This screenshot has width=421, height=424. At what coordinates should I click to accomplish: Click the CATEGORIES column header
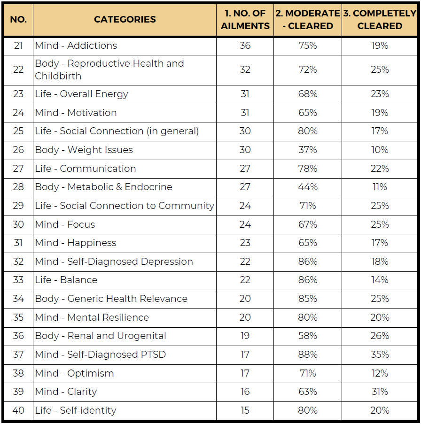click(125, 20)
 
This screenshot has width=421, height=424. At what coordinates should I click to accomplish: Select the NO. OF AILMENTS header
click(245, 20)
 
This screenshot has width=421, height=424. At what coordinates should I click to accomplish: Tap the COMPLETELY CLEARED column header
click(380, 20)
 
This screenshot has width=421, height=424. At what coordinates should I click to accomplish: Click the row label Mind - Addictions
click(76, 46)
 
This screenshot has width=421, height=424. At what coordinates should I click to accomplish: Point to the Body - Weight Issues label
click(84, 150)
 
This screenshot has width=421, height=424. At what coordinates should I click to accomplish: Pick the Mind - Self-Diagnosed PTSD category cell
click(101, 355)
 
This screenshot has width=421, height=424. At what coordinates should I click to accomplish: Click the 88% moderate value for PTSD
click(308, 355)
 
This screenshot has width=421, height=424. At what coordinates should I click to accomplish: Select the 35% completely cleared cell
click(380, 355)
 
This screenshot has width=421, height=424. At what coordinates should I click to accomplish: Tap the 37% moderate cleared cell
click(308, 150)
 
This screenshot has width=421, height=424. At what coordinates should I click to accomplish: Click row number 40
click(18, 410)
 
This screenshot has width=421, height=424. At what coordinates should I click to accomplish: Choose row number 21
click(18, 46)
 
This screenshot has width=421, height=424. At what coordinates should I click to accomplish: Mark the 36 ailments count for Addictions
click(245, 46)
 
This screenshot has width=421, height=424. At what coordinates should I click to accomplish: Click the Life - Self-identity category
click(76, 410)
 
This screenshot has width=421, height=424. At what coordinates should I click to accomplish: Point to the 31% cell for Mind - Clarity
click(380, 392)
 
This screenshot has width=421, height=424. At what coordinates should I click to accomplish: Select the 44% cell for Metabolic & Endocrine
click(308, 187)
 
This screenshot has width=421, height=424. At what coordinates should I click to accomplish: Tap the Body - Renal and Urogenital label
click(101, 336)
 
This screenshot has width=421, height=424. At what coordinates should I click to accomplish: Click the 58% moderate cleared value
click(308, 336)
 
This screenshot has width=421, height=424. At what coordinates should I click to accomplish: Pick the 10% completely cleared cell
click(380, 150)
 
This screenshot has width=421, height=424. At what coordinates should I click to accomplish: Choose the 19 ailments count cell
click(245, 336)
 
